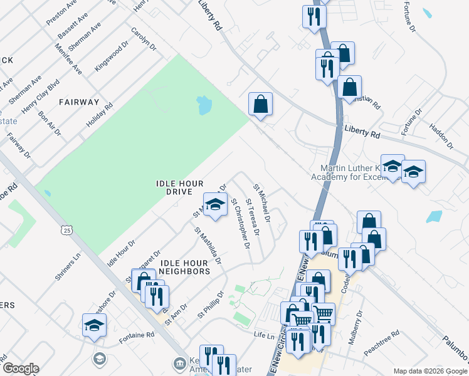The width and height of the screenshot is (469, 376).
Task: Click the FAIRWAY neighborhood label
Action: (x=79, y=102)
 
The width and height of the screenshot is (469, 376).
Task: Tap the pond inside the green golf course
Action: (x=204, y=105)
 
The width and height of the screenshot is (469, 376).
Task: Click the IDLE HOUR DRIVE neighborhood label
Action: (x=179, y=187)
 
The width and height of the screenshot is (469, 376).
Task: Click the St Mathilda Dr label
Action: (x=208, y=245)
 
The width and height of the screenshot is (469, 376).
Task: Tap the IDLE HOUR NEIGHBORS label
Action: (x=184, y=267)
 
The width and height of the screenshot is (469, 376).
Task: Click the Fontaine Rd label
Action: (x=137, y=337)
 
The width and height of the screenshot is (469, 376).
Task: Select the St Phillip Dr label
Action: (x=211, y=304)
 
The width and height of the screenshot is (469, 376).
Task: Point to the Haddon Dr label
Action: (x=441, y=137)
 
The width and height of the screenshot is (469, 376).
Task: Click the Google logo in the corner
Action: (x=20, y=368)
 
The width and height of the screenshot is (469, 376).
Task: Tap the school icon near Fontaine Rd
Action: (x=94, y=326)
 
